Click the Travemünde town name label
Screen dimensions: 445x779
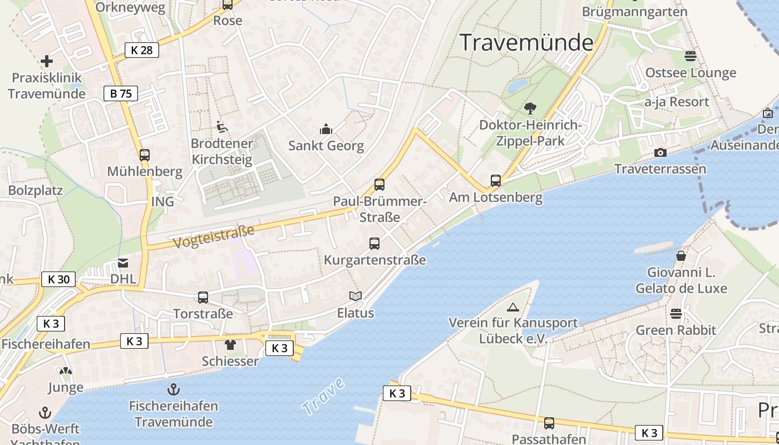tap(526, 42)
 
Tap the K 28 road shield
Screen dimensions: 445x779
tap(141, 50)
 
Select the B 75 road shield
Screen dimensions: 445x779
tap(120, 93)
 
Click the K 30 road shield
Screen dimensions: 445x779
tap(58, 279)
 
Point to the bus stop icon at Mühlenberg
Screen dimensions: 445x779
tap(145, 155)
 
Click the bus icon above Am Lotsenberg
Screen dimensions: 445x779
tap(495, 181)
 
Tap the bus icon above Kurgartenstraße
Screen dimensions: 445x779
tap(374, 244)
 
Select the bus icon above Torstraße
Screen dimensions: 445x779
tap(203, 298)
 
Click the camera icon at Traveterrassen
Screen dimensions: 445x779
tap(660, 152)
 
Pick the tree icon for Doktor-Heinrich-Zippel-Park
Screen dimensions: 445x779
tap(530, 108)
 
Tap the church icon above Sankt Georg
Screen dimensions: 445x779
tap(326, 130)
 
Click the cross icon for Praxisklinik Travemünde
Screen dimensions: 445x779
tap(47, 61)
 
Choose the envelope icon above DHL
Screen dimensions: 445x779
tap(123, 263)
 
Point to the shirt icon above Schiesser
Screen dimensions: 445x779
tap(230, 345)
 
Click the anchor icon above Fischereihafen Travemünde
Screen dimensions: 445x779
tap(174, 389)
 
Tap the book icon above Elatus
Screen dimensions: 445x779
tap(356, 296)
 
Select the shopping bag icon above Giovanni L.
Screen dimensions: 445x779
tap(681, 256)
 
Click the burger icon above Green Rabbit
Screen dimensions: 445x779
tap(676, 314)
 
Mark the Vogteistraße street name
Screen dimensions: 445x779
tap(214, 237)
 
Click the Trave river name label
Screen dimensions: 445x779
tap(323, 396)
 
